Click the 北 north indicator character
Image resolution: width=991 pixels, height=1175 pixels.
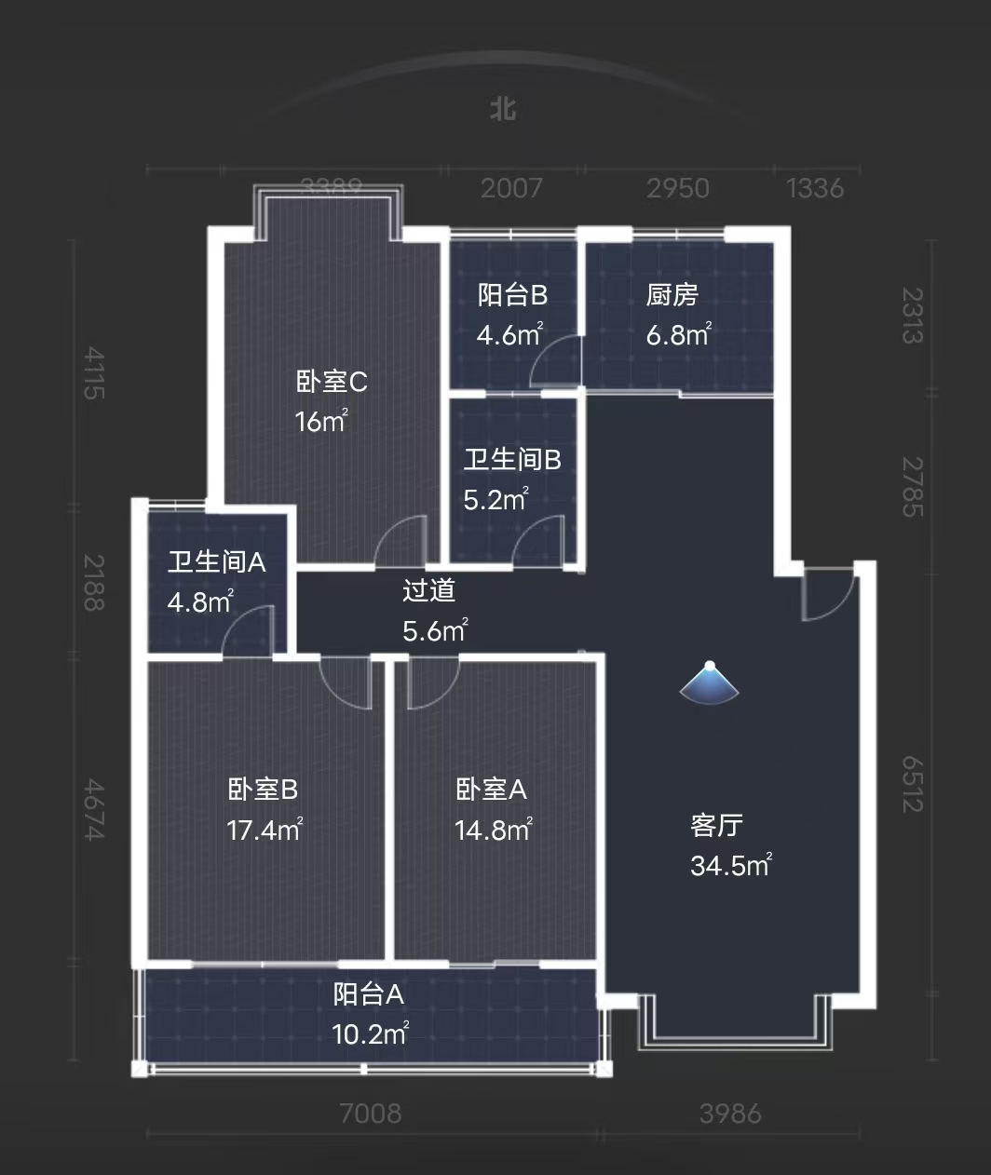click(503, 110)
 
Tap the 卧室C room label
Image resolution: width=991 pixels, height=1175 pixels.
click(332, 382)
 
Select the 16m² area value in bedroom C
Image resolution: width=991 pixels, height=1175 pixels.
click(320, 421)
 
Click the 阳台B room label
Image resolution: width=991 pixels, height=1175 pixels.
click(512, 295)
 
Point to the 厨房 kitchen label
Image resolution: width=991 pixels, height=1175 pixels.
click(672, 295)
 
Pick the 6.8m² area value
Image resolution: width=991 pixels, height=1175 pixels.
click(679, 334)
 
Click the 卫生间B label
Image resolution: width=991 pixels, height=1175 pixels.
click(512, 460)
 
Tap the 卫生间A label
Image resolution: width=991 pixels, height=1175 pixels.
click(217, 562)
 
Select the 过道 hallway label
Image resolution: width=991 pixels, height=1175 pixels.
click(428, 591)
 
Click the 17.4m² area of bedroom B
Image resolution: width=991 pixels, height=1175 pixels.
click(265, 829)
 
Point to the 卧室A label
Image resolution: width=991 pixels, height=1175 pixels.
click(491, 790)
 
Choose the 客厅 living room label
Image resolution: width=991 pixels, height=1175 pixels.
click(716, 826)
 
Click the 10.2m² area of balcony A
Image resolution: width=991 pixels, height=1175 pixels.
click(370, 1033)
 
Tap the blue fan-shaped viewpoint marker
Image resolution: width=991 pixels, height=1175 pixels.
click(710, 683)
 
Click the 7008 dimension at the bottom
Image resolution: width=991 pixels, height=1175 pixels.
click(370, 1113)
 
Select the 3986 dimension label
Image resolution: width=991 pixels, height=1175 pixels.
click(730, 1113)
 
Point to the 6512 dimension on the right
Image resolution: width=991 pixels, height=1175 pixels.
click(913, 782)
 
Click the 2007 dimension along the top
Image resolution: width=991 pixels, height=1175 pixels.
click(510, 189)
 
